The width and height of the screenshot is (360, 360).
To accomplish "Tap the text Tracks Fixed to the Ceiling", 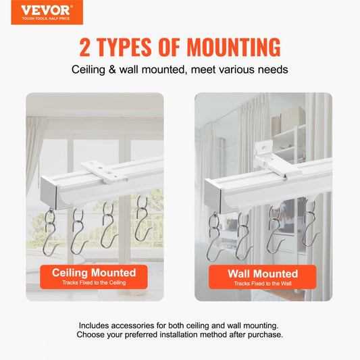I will point(94,283).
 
